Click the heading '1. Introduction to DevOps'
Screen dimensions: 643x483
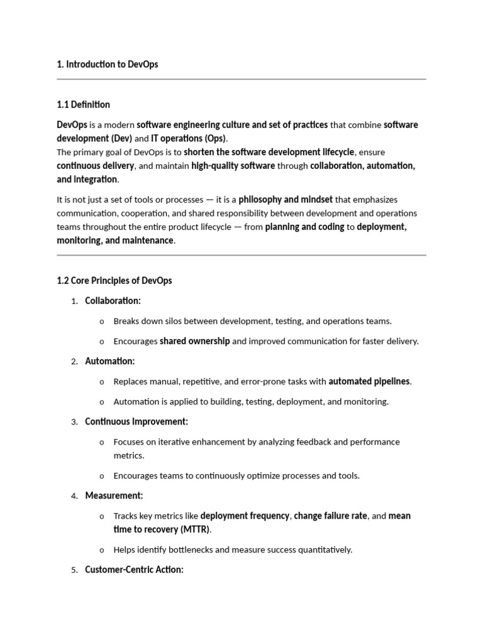(107, 64)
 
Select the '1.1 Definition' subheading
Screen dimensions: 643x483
(83, 104)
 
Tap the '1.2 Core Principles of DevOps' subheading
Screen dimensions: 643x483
(114, 280)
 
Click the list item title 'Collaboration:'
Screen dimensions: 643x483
(113, 301)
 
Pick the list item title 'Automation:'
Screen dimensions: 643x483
(109, 361)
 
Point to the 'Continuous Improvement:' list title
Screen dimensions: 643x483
(136, 421)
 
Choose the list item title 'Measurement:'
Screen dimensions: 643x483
(114, 495)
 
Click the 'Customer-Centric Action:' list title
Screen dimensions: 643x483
(134, 570)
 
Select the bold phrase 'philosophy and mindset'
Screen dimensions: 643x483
(286, 200)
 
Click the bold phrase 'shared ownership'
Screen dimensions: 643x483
(195, 341)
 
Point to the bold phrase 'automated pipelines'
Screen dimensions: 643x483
(369, 381)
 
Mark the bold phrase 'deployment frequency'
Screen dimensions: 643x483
(245, 516)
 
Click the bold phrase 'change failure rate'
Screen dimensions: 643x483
(330, 516)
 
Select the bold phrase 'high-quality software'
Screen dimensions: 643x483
(233, 166)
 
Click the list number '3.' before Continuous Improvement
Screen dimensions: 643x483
(74, 422)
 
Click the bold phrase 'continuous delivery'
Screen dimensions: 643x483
(95, 166)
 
